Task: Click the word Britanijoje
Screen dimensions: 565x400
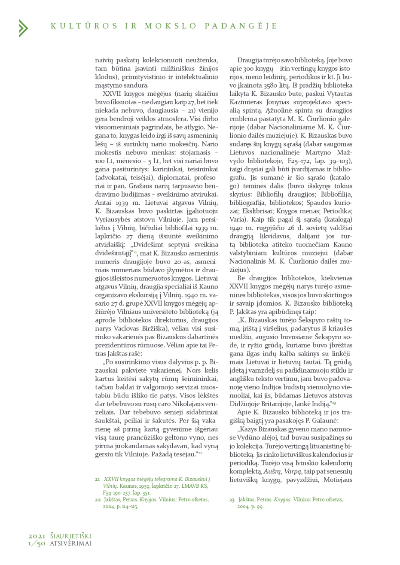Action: click(x=283, y=404)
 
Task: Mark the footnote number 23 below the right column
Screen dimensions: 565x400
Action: click(x=232, y=500)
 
